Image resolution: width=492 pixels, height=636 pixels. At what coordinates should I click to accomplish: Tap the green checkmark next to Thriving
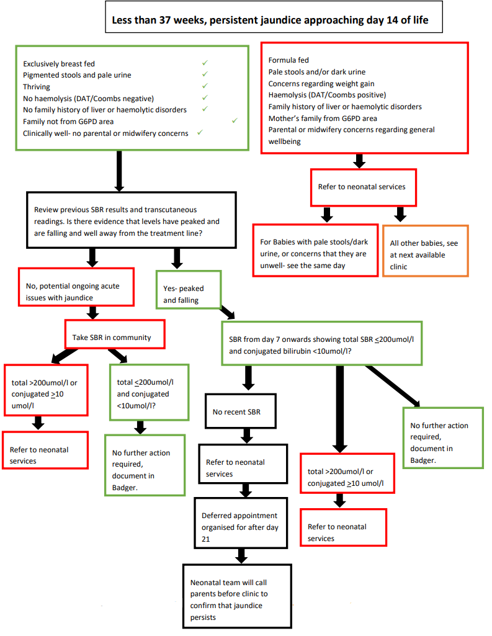(205, 86)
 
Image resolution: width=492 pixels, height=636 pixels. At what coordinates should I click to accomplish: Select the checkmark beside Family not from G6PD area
(235, 121)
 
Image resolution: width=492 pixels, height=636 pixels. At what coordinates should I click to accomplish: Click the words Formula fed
(288, 60)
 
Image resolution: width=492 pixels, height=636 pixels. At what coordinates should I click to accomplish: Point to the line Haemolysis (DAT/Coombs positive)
(327, 95)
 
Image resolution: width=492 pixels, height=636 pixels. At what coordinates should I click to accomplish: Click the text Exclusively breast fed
(59, 63)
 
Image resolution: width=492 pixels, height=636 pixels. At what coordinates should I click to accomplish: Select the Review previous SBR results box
(131, 221)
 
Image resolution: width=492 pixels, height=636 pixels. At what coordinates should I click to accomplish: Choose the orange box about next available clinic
(426, 249)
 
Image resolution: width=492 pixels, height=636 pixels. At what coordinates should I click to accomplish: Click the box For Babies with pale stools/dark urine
(315, 249)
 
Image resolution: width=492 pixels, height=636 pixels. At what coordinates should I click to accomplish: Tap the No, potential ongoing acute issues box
(76, 286)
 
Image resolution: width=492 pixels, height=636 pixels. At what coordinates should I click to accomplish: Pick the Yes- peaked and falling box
(188, 289)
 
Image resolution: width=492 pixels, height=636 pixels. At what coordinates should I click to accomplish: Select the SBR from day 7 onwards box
(321, 343)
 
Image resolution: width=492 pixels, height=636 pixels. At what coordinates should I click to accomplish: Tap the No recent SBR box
(239, 411)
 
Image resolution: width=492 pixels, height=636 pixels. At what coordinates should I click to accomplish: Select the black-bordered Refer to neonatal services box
(243, 462)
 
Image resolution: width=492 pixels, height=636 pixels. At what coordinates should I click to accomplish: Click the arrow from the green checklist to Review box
(119, 170)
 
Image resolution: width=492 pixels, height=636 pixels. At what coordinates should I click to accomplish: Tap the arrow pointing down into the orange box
(401, 214)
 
